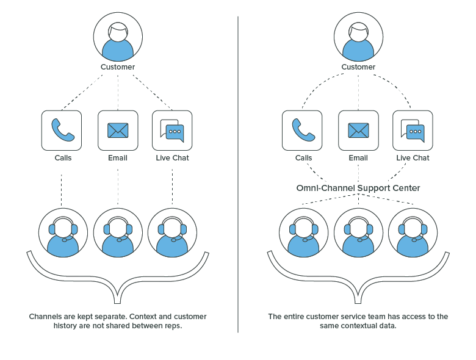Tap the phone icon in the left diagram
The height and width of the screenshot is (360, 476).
[x=62, y=130]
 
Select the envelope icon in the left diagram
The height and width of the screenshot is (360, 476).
[x=118, y=130]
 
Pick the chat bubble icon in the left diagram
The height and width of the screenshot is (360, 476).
[x=172, y=130]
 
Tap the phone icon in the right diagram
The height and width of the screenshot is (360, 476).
[x=302, y=130]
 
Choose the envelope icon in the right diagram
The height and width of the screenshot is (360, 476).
[x=358, y=130]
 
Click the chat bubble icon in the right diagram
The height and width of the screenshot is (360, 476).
[x=413, y=130]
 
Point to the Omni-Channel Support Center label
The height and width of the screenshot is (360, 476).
[x=358, y=188]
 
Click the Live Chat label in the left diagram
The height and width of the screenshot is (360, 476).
[x=172, y=158]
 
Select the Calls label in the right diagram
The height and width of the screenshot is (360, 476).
[x=303, y=158]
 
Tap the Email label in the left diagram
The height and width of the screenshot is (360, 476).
[x=118, y=158]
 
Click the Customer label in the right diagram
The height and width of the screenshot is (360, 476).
[x=358, y=67]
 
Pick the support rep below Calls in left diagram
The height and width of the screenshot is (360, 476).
[x=63, y=232]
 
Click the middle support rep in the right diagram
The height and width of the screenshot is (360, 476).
[x=358, y=232]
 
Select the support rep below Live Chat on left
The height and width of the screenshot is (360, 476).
[x=172, y=232]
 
